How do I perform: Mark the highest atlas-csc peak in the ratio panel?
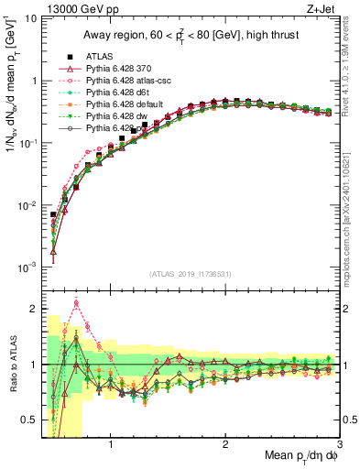(76, 302)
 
